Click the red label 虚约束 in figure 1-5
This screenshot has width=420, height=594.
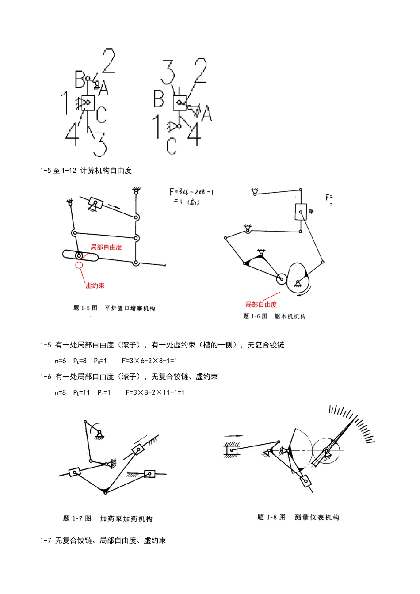[95, 286]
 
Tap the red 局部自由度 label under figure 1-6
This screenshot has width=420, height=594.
[261, 304]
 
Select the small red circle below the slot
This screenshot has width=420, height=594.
[79, 265]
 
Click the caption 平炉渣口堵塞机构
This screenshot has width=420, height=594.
[130, 308]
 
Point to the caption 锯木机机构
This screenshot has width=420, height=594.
[290, 316]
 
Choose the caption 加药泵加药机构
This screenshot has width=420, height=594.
[126, 518]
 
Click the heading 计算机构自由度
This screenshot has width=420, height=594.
[106, 171]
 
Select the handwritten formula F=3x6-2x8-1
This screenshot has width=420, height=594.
[191, 192]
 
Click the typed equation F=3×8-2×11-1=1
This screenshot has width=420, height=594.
[155, 392]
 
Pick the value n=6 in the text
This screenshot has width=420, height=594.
[61, 361]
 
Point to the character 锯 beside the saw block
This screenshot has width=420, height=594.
[311, 211]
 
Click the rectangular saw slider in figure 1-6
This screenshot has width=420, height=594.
[301, 212]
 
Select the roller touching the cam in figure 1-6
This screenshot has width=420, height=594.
[281, 278]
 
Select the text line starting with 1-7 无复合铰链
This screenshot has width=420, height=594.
[103, 541]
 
